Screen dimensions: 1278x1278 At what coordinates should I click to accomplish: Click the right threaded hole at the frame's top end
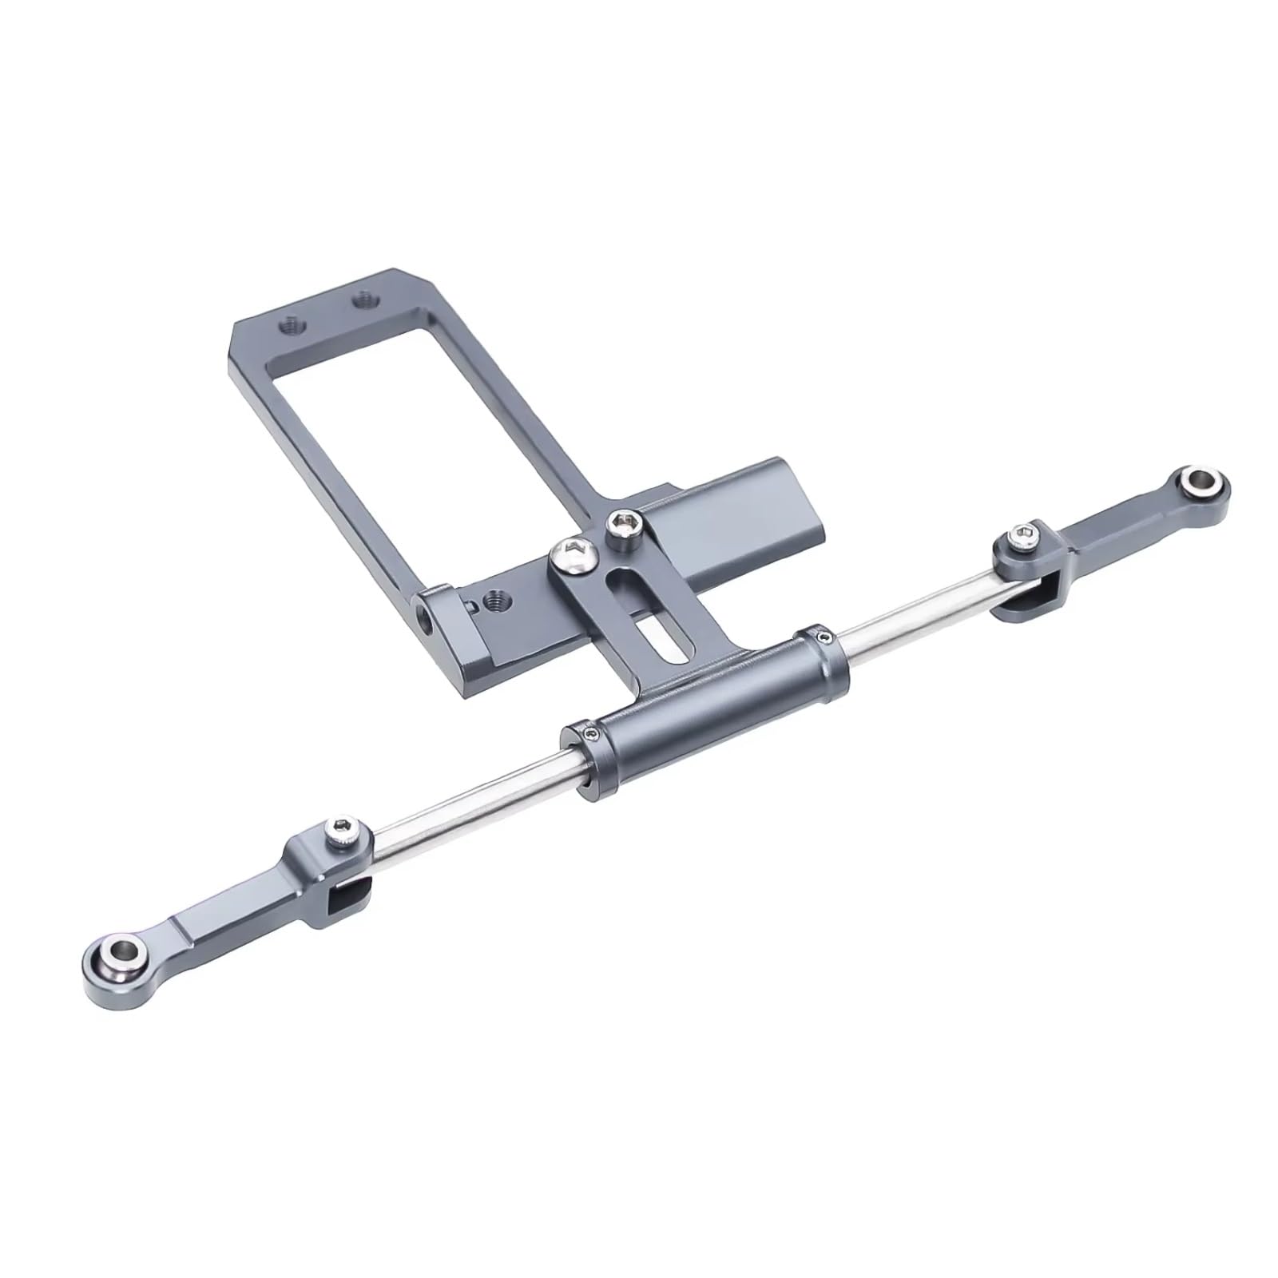coord(365,301)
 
